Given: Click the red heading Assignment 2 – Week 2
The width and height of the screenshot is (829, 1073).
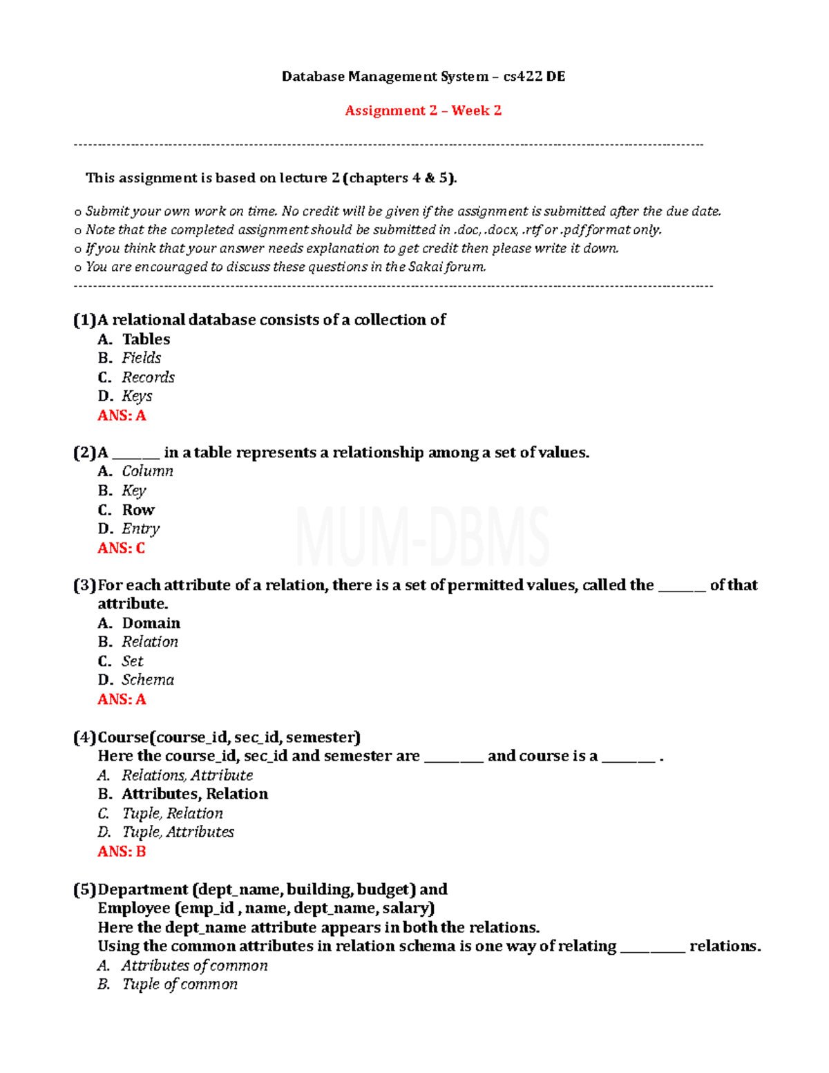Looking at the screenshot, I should pyautogui.click(x=423, y=111).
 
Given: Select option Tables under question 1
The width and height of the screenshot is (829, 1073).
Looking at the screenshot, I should pyautogui.click(x=146, y=339).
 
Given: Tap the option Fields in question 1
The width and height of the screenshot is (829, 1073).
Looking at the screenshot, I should pyautogui.click(x=142, y=358).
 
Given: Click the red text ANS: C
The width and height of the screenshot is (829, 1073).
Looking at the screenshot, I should pyautogui.click(x=122, y=548).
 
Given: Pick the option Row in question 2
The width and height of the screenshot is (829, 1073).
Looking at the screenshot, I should pyautogui.click(x=138, y=510).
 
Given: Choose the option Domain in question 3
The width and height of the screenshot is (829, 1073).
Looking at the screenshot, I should pyautogui.click(x=151, y=623).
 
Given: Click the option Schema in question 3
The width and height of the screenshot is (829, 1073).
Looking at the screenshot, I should pyautogui.click(x=148, y=680).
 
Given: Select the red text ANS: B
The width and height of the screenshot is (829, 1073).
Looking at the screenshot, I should pyautogui.click(x=122, y=851).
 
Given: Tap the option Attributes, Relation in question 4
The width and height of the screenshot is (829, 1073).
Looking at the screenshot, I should pyautogui.click(x=195, y=794).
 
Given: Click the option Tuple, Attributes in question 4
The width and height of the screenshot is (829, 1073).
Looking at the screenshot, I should pyautogui.click(x=178, y=832).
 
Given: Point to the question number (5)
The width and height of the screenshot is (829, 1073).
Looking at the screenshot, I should pyautogui.click(x=85, y=889).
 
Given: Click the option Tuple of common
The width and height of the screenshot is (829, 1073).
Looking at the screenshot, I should pyautogui.click(x=180, y=984).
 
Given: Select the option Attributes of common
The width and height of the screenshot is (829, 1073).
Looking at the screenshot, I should pyautogui.click(x=195, y=965).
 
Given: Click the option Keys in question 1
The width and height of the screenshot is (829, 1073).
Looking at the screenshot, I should pyautogui.click(x=137, y=396).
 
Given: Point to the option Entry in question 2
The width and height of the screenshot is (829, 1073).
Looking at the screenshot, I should pyautogui.click(x=141, y=529).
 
